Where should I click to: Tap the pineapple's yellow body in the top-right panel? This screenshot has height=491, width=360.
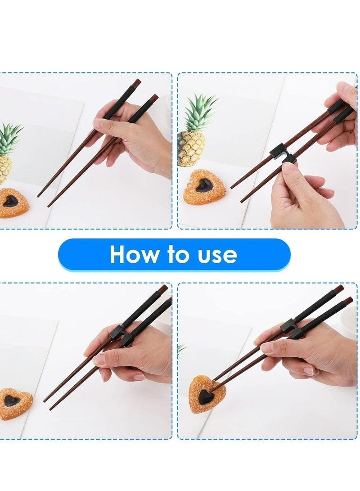coord(191,149)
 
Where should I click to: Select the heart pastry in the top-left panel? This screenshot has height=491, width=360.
coord(12,203)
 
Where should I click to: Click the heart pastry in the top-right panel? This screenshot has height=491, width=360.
coord(204,187)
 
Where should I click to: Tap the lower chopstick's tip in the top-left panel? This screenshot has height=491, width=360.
coord(49,206)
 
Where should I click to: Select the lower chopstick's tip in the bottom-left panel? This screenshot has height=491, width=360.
coord(51,409)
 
